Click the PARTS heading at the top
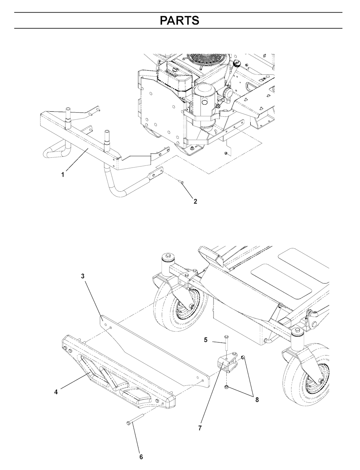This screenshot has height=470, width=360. [x=180, y=20]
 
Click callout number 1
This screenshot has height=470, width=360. [x=63, y=175]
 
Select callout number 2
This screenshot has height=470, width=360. [x=195, y=201]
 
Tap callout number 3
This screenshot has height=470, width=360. [x=83, y=276]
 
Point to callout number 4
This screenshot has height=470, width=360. [x=56, y=392]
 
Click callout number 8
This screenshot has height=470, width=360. [x=257, y=399]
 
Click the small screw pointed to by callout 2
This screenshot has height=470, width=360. [x=181, y=182]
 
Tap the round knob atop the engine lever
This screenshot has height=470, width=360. [x=237, y=63]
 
